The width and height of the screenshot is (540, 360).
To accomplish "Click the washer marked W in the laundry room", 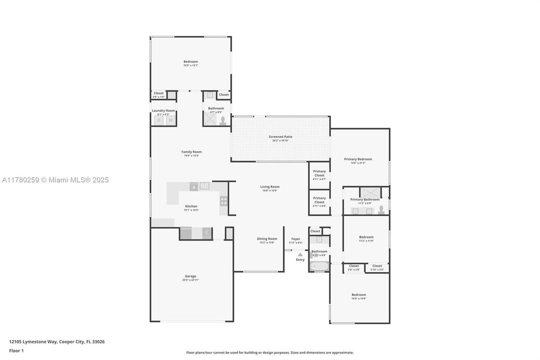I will [x=170, y=120].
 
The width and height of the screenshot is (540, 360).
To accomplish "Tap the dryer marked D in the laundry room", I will [x=159, y=120].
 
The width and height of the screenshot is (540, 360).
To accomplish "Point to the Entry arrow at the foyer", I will [x=300, y=254].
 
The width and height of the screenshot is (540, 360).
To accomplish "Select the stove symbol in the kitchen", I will [x=224, y=201].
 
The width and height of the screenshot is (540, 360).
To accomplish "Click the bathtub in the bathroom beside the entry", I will [x=319, y=266].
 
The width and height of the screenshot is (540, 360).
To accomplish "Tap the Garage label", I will [x=190, y=276].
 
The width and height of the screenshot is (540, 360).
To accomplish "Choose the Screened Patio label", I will [x=280, y=136].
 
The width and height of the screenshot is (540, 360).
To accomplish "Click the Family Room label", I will [x=191, y=152].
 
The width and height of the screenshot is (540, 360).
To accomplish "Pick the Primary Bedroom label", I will [x=358, y=159].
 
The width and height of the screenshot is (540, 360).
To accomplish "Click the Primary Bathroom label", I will [x=365, y=199].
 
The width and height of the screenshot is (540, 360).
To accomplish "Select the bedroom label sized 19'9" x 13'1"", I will [x=190, y=61].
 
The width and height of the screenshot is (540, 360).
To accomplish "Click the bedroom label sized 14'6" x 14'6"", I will [x=359, y=294].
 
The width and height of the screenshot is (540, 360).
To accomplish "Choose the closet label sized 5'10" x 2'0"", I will [x=377, y=266].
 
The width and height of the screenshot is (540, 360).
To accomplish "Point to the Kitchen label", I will [x=191, y=206].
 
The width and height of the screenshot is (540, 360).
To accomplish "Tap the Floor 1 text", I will [x=16, y=350].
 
